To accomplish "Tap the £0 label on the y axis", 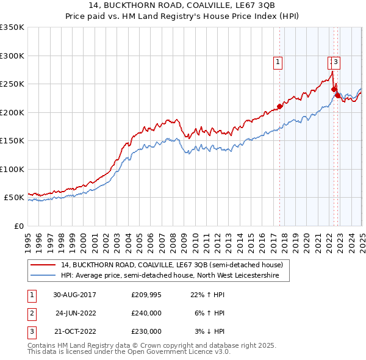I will coord(18,226).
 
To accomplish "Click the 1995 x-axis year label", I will coord(28,238).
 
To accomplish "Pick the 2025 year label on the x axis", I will coord(362,238).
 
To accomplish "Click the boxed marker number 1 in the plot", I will coord(278,61).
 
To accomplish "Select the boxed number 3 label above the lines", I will coord(336,61).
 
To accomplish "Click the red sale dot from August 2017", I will coord(279,106).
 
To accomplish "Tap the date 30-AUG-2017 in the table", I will coord(74,295).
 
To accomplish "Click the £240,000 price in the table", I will coord(146,313).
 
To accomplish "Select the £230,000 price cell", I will coord(146,331).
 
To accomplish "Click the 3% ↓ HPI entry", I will coord(210,331).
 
